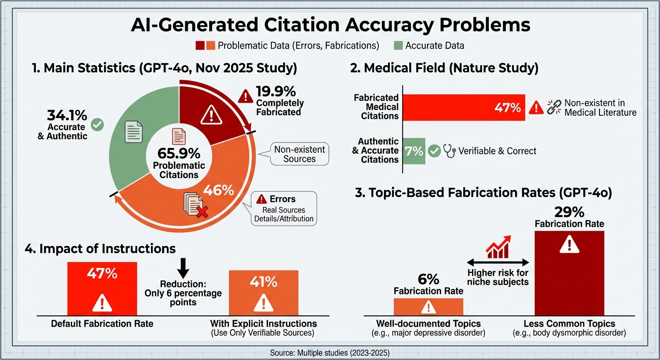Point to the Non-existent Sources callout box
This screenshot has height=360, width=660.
pyautogui.click(x=300, y=154)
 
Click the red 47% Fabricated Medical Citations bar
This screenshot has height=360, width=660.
pyautogui.click(x=464, y=107)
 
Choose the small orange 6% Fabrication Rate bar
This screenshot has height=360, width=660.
pyautogui.click(x=428, y=307)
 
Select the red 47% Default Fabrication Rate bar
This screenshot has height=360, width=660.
pyautogui.click(x=102, y=288)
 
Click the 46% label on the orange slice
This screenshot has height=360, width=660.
pyautogui.click(x=218, y=190)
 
